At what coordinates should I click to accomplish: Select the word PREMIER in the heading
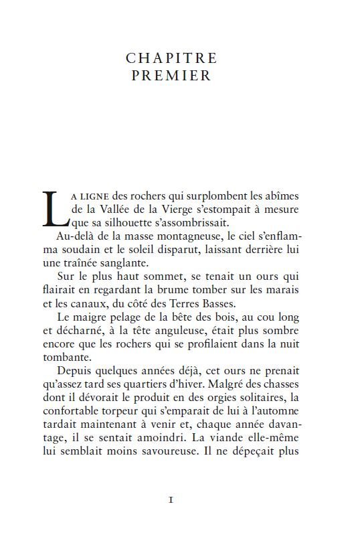pos(171,76)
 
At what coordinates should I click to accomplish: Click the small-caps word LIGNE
pos(96,196)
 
